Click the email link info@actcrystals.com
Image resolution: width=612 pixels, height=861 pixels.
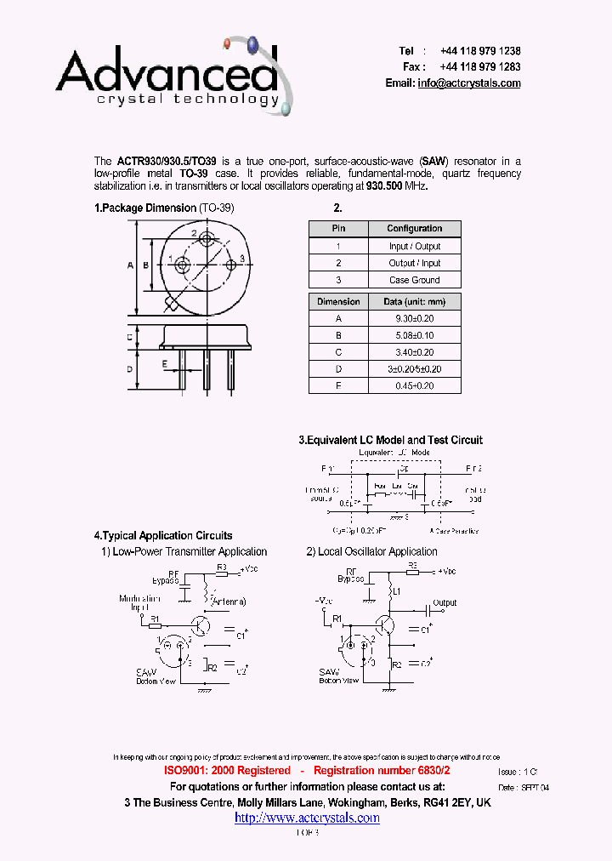[x=469, y=83]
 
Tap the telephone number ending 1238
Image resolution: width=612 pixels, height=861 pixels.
[x=480, y=51]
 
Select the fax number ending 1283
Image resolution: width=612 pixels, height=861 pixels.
[x=480, y=66]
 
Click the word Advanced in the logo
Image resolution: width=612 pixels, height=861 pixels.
[x=166, y=72]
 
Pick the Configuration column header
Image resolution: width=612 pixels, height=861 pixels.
[x=415, y=228]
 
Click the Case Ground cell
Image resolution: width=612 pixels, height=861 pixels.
[x=415, y=280]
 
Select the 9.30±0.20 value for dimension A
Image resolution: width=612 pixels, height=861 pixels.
[x=415, y=318]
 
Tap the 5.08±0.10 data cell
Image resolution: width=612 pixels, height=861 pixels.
[x=415, y=335]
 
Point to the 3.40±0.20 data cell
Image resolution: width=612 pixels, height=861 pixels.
[x=415, y=352]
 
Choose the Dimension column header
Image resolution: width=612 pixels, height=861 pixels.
[x=338, y=301]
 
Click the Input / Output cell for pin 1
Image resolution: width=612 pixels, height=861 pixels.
[x=415, y=246]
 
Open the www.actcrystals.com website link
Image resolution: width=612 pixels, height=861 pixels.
[x=307, y=818]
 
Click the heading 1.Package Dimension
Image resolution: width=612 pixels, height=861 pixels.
[x=145, y=208]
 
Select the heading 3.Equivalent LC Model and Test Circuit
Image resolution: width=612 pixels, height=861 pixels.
[x=390, y=440]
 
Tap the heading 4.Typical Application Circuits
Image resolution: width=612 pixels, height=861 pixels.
[x=163, y=536]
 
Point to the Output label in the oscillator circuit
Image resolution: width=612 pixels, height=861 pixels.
[x=445, y=602]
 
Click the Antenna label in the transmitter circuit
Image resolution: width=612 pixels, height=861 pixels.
[x=228, y=602]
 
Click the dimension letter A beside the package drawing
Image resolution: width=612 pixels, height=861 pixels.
[x=131, y=265]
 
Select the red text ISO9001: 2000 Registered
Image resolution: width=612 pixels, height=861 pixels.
[x=227, y=770]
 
